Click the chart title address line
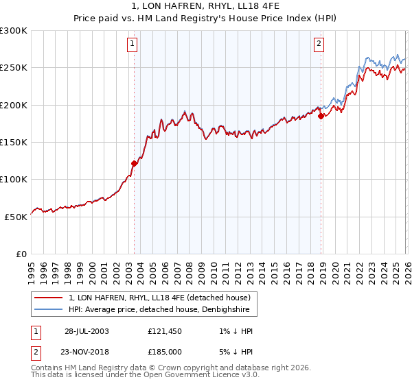(x=206, y=6)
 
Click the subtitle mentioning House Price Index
(x=206, y=19)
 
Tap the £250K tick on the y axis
(x=14, y=68)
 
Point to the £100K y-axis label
(x=14, y=179)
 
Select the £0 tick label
(x=20, y=254)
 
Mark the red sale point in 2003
(x=135, y=163)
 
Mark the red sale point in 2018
(x=321, y=116)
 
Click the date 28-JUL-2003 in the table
(x=87, y=331)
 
